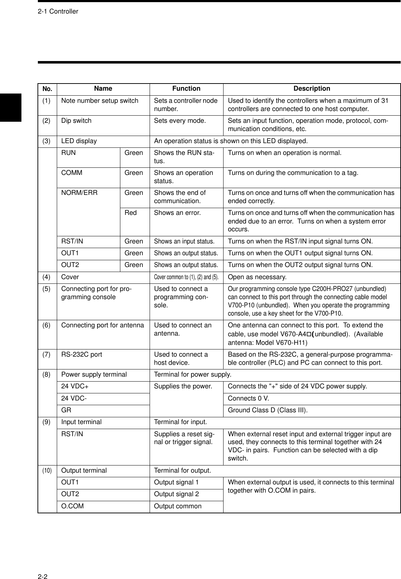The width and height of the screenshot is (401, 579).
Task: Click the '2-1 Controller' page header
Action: (x=58, y=11)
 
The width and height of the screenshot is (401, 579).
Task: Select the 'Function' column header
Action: (x=186, y=89)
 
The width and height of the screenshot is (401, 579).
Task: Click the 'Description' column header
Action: (x=312, y=89)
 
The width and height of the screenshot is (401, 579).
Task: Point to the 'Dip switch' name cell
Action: (x=76, y=121)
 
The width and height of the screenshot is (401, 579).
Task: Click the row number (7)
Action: (x=46, y=354)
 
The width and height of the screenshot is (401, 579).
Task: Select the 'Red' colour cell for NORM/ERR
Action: (x=131, y=213)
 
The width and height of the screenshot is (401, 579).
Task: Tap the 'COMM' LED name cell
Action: (x=72, y=173)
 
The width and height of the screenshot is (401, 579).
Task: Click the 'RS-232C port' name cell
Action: (x=82, y=354)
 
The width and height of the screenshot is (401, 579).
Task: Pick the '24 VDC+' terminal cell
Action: (x=75, y=386)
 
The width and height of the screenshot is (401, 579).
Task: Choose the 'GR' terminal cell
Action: (x=66, y=410)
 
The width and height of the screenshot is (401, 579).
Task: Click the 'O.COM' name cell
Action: (x=72, y=506)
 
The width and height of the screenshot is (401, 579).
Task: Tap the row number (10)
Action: (x=47, y=470)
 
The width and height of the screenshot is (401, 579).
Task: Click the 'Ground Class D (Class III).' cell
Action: (x=268, y=410)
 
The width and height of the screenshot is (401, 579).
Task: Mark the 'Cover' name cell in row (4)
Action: (x=70, y=277)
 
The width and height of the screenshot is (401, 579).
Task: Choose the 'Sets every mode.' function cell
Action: (x=180, y=121)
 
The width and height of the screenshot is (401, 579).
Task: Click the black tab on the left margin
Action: (x=11, y=107)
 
